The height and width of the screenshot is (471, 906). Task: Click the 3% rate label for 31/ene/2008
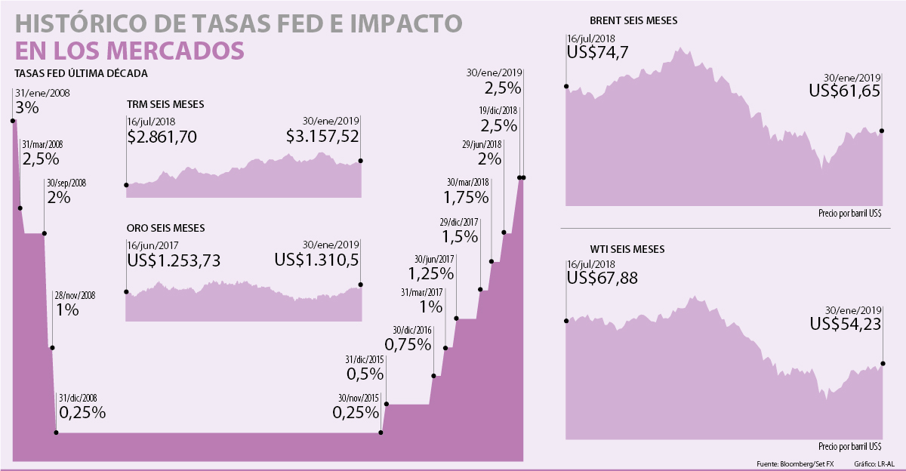pyautogui.click(x=26, y=108)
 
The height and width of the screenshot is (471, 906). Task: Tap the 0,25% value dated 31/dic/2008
pyautogui.click(x=82, y=413)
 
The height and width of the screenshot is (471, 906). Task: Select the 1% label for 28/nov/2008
pyautogui.click(x=66, y=309)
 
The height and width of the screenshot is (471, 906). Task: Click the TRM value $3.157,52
pyautogui.click(x=322, y=137)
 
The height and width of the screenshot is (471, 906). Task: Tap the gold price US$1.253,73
pyautogui.click(x=174, y=260)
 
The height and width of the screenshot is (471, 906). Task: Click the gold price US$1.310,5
pyautogui.click(x=316, y=260)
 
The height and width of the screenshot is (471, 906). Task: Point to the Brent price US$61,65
pyautogui.click(x=845, y=91)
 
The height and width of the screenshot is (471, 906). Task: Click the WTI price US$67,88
pyautogui.click(x=602, y=279)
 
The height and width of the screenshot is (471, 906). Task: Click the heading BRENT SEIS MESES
pyautogui.click(x=633, y=21)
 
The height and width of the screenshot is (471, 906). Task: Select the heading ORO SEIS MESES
pyautogui.click(x=166, y=227)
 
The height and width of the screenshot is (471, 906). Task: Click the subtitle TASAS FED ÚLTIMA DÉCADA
pyautogui.click(x=81, y=73)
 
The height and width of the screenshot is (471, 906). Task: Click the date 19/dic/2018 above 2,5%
pyautogui.click(x=498, y=110)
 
